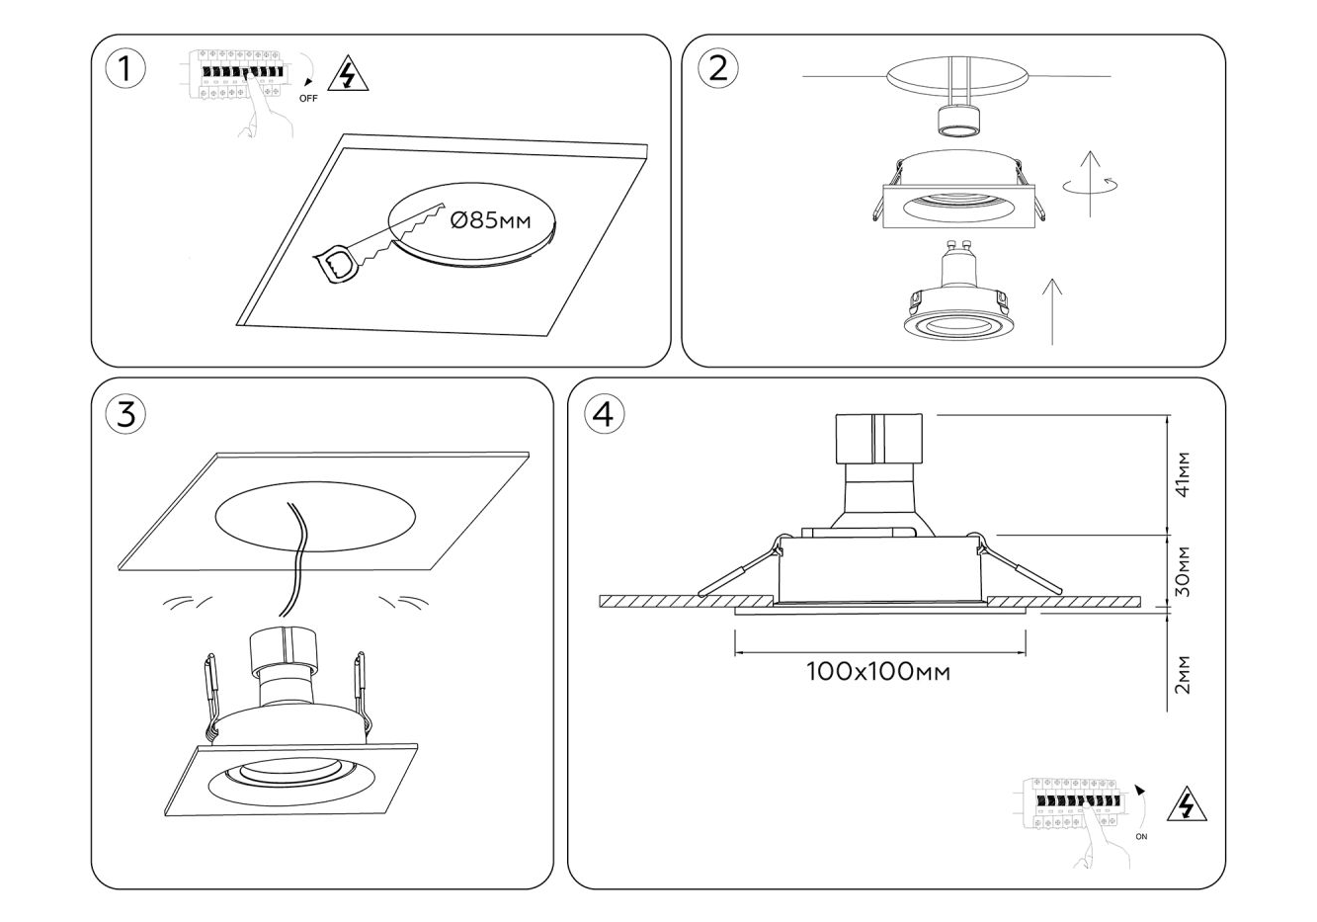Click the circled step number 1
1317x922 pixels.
pyautogui.click(x=124, y=69)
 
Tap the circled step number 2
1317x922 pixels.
pyautogui.click(x=718, y=68)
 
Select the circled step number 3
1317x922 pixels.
pyautogui.click(x=125, y=414)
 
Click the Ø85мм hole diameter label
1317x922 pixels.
pyautogui.click(x=490, y=220)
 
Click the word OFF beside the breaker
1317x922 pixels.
pyautogui.click(x=308, y=99)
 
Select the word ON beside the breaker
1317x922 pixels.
pyautogui.click(x=1142, y=836)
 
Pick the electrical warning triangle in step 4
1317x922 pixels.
pyautogui.click(x=1187, y=807)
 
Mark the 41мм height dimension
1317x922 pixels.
pyautogui.click(x=1184, y=474)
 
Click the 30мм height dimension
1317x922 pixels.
pyautogui.click(x=1184, y=571)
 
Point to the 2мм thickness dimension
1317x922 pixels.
pyautogui.click(x=1184, y=674)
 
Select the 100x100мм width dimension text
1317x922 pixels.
pyautogui.click(x=878, y=672)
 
